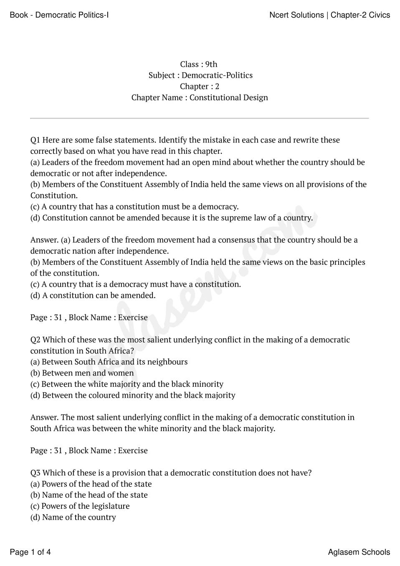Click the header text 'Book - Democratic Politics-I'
[59, 15]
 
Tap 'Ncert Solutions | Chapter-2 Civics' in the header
[329, 15]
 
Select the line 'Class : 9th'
[199, 64]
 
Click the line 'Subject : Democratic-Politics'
[200, 75]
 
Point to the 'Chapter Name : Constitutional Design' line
[200, 97]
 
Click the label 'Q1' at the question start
[35, 140]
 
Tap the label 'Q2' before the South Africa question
[35, 340]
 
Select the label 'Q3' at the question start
[35, 473]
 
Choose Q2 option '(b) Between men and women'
[82, 373]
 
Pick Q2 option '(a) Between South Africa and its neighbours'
[109, 362]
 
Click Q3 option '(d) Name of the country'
[73, 517]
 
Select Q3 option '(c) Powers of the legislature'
[80, 506]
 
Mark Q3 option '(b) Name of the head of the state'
[89, 495]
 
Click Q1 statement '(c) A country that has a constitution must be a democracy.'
[134, 206]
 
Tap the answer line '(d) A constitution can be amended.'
[93, 295]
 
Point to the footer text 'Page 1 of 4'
[30, 552]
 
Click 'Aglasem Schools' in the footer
[359, 552]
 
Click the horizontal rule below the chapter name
[200, 118]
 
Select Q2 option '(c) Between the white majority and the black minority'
[127, 384]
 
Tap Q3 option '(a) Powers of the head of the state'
[91, 484]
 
